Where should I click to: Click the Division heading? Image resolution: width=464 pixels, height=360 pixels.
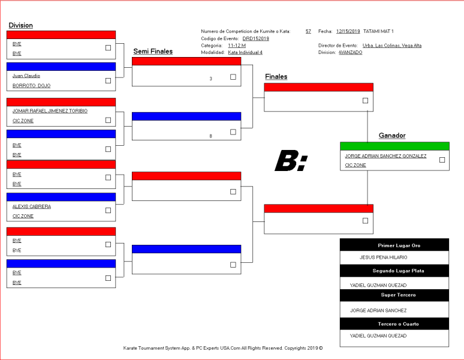pos(21,25)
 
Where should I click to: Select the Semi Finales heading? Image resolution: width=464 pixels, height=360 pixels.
pos(153,51)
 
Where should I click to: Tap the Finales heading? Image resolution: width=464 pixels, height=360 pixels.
pos(276,77)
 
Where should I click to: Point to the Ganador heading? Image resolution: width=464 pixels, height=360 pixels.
pos(392,136)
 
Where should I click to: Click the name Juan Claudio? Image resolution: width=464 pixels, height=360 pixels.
pos(26,76)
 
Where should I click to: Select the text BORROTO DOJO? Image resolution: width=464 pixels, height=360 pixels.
pos(31,86)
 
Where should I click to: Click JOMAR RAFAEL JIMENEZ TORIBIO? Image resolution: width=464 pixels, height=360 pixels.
pos(50,111)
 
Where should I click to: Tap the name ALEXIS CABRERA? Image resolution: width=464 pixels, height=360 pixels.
pos(32,206)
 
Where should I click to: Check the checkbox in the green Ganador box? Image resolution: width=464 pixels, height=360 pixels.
pos(442,160)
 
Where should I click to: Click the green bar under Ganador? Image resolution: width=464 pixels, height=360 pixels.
pos(394,146)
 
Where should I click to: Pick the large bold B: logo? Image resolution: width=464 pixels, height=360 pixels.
pos(291,161)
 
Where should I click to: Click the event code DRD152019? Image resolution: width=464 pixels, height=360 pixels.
pos(255,38)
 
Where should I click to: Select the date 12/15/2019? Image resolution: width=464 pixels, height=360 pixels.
pos(348,31)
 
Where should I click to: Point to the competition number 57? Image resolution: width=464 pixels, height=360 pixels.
pos(308,31)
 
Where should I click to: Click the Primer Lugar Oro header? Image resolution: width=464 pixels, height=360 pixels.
pos(399,245)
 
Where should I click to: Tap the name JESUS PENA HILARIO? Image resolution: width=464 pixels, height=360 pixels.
pos(383,257)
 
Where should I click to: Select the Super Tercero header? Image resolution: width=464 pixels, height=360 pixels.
pos(398,295)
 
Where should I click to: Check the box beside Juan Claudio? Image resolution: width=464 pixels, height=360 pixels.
pos(109,80)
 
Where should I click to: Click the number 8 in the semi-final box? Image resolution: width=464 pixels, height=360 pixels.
pos(210,136)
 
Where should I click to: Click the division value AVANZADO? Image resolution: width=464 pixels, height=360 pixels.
pos(350,52)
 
